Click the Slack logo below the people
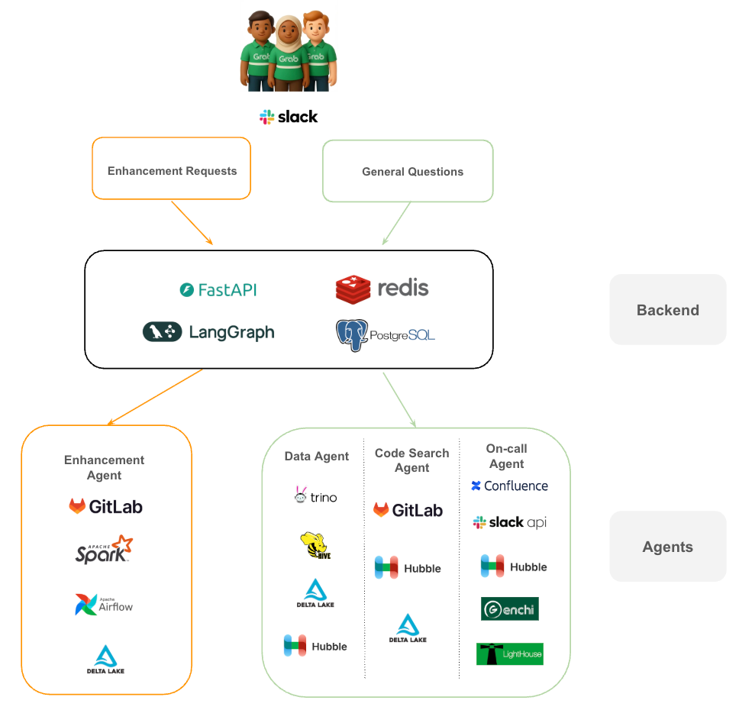pyautogui.click(x=288, y=117)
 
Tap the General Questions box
pyautogui.click(x=408, y=171)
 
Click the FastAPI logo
pyautogui.click(x=218, y=289)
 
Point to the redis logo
pyautogui.click(x=382, y=288)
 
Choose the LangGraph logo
pyautogui.click(x=208, y=331)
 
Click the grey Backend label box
pyautogui.click(x=667, y=309)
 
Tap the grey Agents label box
pyautogui.click(x=667, y=547)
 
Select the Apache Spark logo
pyautogui.click(x=105, y=550)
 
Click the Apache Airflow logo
pyautogui.click(x=105, y=604)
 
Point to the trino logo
pyautogui.click(x=315, y=497)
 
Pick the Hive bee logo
pyautogui.click(x=315, y=546)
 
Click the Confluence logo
pyautogui.click(x=509, y=486)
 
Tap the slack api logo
pyautogui.click(x=509, y=522)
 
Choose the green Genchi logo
pyautogui.click(x=509, y=608)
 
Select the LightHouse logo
pyautogui.click(x=509, y=654)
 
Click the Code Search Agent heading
pyautogui.click(x=411, y=460)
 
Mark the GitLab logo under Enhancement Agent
pyautogui.click(x=105, y=506)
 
